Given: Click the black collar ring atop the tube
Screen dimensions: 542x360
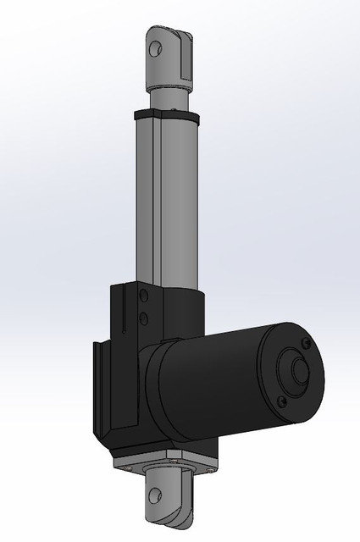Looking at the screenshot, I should pos(164,113).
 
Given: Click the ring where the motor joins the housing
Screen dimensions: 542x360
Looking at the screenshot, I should pos(152,381).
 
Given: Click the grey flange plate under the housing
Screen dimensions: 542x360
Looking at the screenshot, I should pos(165,464).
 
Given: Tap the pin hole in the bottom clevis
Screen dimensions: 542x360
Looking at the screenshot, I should pos(158,501).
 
